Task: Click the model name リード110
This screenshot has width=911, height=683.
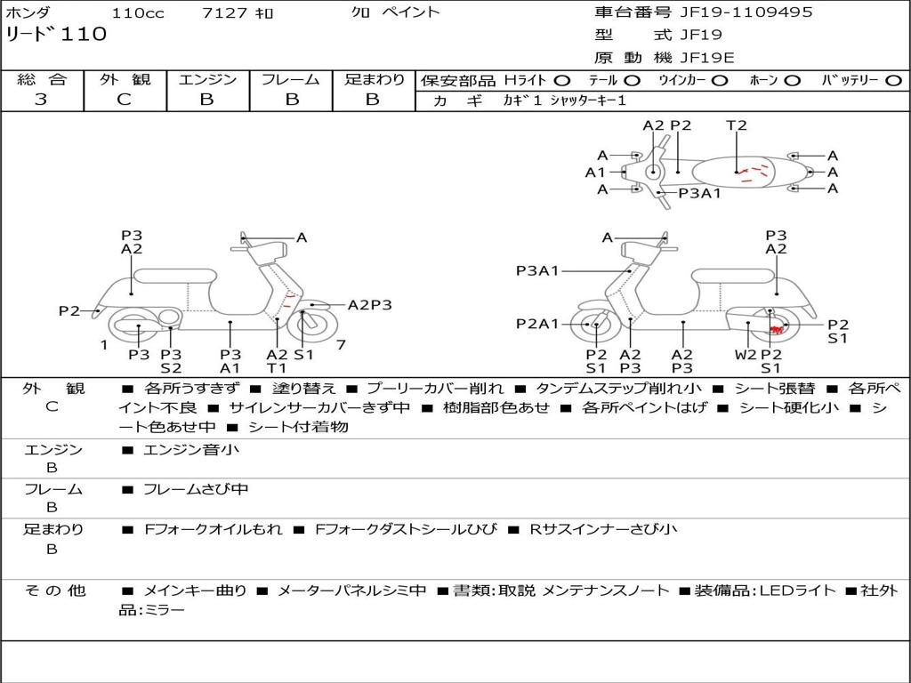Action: coord(56,35)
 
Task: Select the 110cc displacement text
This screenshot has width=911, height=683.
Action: coord(138,12)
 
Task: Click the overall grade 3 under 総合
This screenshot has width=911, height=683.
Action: coord(41,100)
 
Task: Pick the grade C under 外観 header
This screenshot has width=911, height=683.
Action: coord(125,100)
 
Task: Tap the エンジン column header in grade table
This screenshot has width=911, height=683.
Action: coord(207,79)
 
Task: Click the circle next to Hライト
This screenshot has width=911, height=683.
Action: coord(561,81)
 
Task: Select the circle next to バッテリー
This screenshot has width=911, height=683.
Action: coord(893,81)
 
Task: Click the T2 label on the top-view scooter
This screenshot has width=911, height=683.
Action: coord(736,125)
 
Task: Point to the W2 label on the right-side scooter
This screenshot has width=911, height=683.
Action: coord(746,354)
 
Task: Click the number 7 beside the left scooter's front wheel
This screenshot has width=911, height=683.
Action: coord(341,345)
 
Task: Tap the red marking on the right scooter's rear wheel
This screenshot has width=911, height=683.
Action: coord(777,331)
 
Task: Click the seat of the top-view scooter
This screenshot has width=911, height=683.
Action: coord(733,173)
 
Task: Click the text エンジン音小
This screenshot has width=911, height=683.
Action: coord(191,449)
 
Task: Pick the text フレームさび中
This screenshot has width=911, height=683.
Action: coord(196,489)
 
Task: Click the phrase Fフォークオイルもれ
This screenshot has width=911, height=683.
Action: coord(214,529)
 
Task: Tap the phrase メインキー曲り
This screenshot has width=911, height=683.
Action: coord(195,591)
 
